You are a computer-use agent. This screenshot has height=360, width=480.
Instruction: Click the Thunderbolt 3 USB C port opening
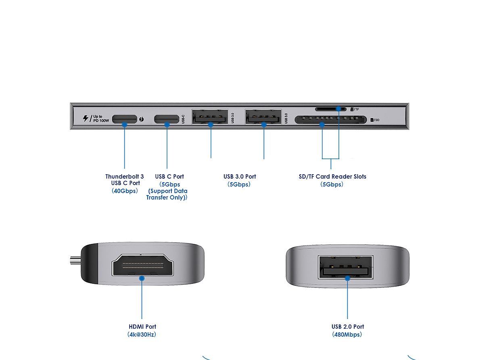(x=124, y=119)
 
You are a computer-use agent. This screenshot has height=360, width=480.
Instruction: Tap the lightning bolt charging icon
(x=86, y=119)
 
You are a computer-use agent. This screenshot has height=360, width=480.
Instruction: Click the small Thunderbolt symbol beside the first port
(x=141, y=119)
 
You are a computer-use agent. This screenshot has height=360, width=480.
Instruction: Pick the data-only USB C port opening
(x=167, y=119)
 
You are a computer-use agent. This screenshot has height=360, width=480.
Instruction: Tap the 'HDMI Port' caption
(x=142, y=327)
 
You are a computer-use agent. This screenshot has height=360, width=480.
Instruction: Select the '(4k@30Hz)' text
(x=142, y=335)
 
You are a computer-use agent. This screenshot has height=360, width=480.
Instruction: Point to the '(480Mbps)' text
(x=347, y=335)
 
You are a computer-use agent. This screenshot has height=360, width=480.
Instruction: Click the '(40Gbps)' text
(x=125, y=191)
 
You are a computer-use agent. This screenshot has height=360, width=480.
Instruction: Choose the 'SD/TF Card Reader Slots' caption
(x=332, y=177)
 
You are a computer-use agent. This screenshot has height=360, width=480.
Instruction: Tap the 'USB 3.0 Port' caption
(x=240, y=177)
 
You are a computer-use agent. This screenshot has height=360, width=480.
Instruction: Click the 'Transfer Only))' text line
(x=167, y=198)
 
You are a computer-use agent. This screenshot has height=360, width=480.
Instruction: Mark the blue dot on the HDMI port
(x=142, y=278)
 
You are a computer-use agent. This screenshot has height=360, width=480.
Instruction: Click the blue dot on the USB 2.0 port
(x=347, y=278)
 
